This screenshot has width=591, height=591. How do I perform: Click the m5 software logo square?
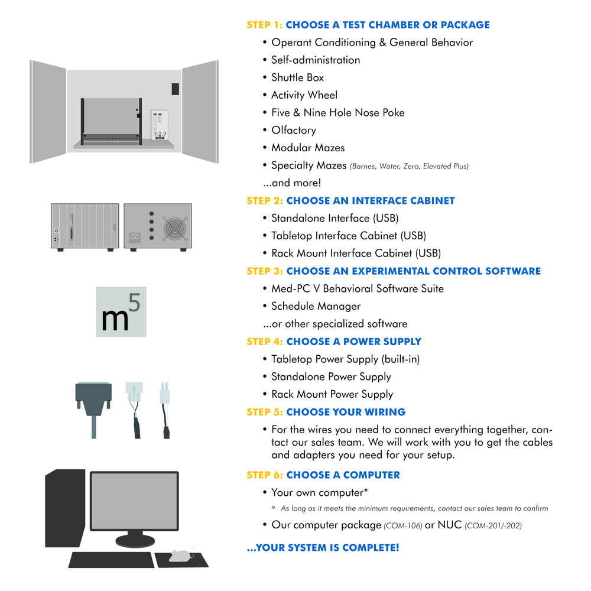pyautogui.click(x=121, y=311)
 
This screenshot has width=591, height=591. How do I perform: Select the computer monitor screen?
pyautogui.click(x=134, y=501)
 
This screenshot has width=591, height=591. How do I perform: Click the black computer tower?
pyautogui.click(x=65, y=508)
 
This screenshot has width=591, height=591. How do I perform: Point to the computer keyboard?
pyautogui.click(x=112, y=560)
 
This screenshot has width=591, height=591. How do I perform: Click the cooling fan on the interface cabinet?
pyautogui.click(x=174, y=228)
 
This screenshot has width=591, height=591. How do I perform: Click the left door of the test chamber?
pyautogui.click(x=48, y=112)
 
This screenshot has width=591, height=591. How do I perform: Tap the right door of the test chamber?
pyautogui.click(x=200, y=112)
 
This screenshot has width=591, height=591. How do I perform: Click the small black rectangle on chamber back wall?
pyautogui.click(x=176, y=89)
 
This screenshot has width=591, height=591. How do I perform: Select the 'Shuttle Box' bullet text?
pyautogui.click(x=297, y=77)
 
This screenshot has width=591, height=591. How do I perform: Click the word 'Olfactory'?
pyautogui.click(x=294, y=131)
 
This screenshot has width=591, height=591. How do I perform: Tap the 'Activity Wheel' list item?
pyautogui.click(x=304, y=95)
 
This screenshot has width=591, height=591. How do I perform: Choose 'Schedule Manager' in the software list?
pyautogui.click(x=316, y=306)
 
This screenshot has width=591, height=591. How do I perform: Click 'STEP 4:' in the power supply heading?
pyautogui.click(x=265, y=342)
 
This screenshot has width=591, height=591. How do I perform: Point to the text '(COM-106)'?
pyautogui.click(x=403, y=526)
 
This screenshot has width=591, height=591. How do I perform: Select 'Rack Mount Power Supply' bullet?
pyautogui.click(x=332, y=394)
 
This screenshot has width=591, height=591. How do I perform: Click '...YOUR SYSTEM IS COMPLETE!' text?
pyautogui.click(x=323, y=548)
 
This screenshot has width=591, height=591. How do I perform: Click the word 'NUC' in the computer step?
pyautogui.click(x=450, y=525)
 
